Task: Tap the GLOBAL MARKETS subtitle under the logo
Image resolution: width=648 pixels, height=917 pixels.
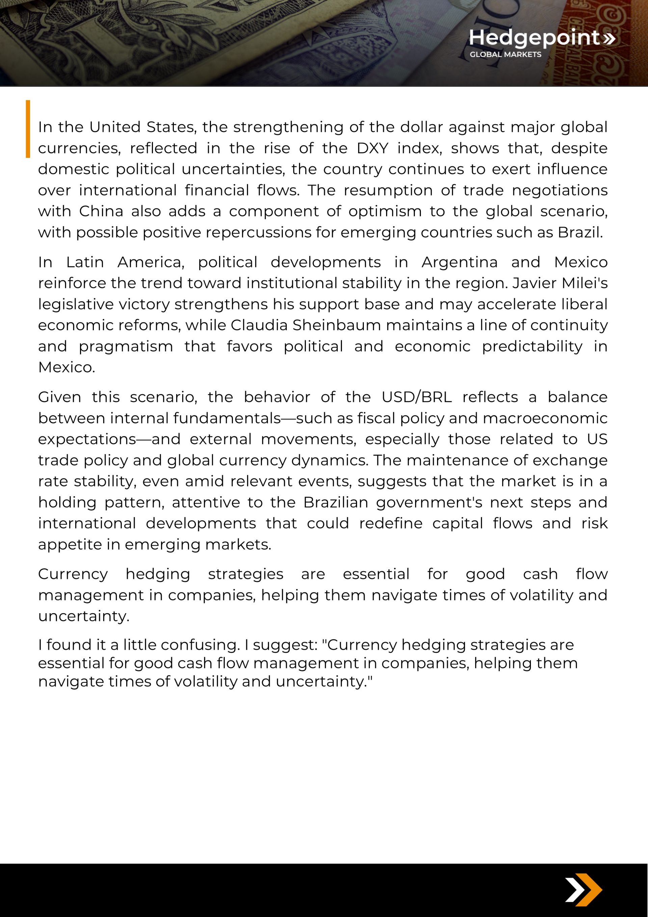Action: click(505, 54)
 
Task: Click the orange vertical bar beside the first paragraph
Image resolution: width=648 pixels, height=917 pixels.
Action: click(28, 129)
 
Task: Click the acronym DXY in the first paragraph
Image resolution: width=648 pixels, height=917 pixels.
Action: click(372, 148)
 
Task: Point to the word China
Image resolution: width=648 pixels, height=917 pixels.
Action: click(101, 211)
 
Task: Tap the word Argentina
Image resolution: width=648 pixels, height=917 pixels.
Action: click(459, 262)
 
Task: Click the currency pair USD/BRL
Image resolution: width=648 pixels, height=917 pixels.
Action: click(417, 397)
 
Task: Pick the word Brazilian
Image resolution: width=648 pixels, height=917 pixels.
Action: click(335, 503)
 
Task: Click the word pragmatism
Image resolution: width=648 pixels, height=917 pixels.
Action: click(126, 346)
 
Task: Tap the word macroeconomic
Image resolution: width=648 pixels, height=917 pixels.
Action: click(545, 418)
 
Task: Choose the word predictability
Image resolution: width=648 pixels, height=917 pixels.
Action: click(532, 346)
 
